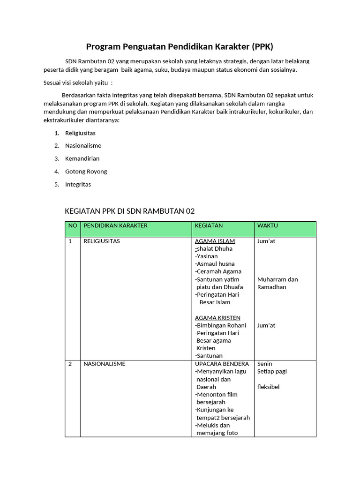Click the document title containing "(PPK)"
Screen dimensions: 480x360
pos(180,46)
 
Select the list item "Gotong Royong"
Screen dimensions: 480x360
pos(86,172)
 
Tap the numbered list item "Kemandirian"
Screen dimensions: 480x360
pos(82,158)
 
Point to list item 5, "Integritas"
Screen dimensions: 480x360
pos(78,184)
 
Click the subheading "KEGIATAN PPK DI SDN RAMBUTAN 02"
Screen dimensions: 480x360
pos(129,211)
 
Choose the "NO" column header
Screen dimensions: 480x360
pos(73,225)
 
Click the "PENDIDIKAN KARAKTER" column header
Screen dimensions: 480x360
pos(115,225)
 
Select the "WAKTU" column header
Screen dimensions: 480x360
pos(268,225)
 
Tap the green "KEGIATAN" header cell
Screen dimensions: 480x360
pos(209,225)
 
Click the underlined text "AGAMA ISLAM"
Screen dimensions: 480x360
pos(215,241)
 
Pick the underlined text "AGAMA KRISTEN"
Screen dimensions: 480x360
pos(217,318)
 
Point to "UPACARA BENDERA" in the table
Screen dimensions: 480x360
pos(222,364)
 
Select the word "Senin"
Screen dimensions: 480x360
pos(265,364)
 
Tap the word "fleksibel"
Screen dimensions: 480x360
pos(269,387)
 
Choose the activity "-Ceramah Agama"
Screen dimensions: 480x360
pos(218,271)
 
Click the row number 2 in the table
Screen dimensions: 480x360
pos(70,364)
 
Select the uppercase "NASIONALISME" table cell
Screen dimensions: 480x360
pos(104,364)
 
